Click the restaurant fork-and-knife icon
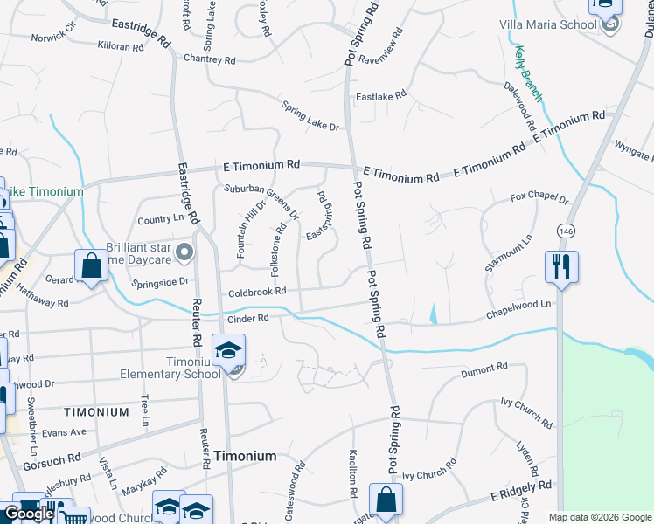[x=561, y=265]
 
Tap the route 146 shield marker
[x=566, y=230]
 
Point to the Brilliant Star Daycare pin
[x=184, y=253]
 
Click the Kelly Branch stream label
[x=529, y=72]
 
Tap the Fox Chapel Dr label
[x=539, y=200]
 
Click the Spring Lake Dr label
[x=310, y=115]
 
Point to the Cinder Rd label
[x=247, y=319]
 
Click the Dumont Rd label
[x=484, y=371]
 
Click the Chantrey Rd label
[x=210, y=60]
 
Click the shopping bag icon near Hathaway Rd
[x=92, y=265]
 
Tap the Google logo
[x=29, y=514]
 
